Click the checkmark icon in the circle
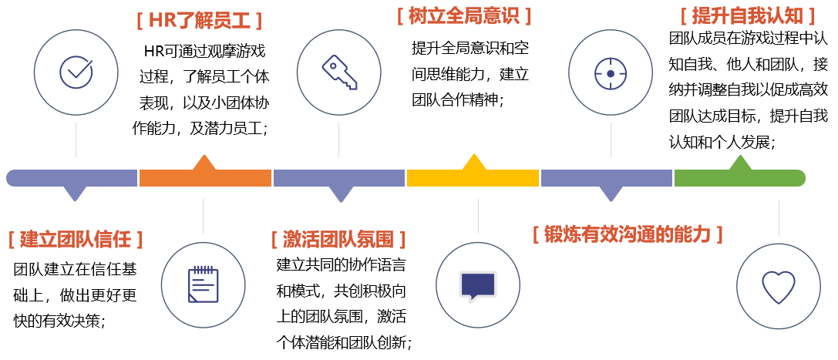pos(76,72)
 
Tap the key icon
pos(339,72)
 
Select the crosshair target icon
pos(611,73)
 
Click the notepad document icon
pos(204,284)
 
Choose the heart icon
pos(779,287)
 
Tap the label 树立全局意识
pos(464,16)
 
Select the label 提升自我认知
pos(748,16)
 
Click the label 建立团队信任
pos(76,239)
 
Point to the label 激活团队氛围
pos(338,239)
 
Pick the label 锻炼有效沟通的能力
pos(628,234)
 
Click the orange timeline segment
pos(205,178)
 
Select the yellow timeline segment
pos(473,178)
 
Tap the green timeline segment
pos(739,178)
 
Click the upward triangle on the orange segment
pos(204,163)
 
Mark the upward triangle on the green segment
pos(740,163)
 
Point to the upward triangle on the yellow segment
pos(473,162)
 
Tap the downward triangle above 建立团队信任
pos(75,193)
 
